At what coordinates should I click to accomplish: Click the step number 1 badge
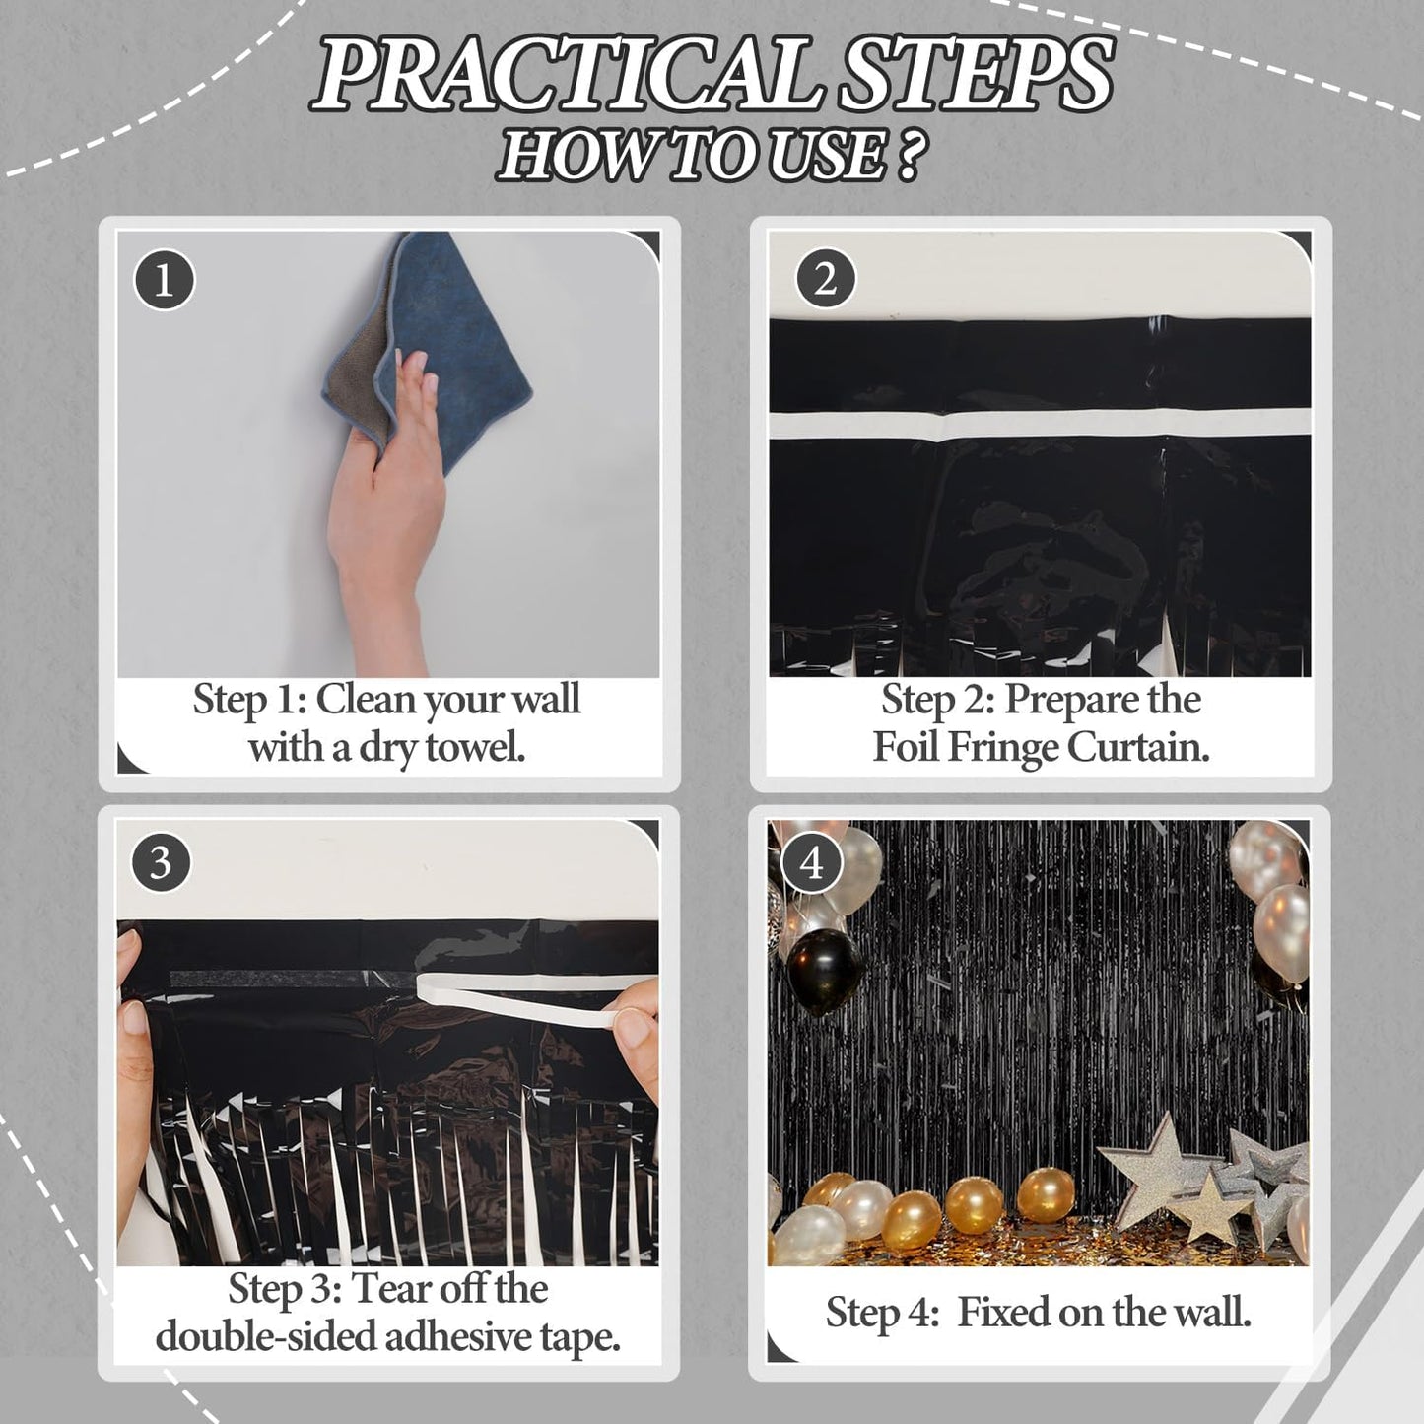click(x=164, y=280)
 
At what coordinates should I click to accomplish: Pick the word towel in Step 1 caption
click(x=475, y=748)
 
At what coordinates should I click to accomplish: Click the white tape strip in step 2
click(x=1040, y=426)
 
